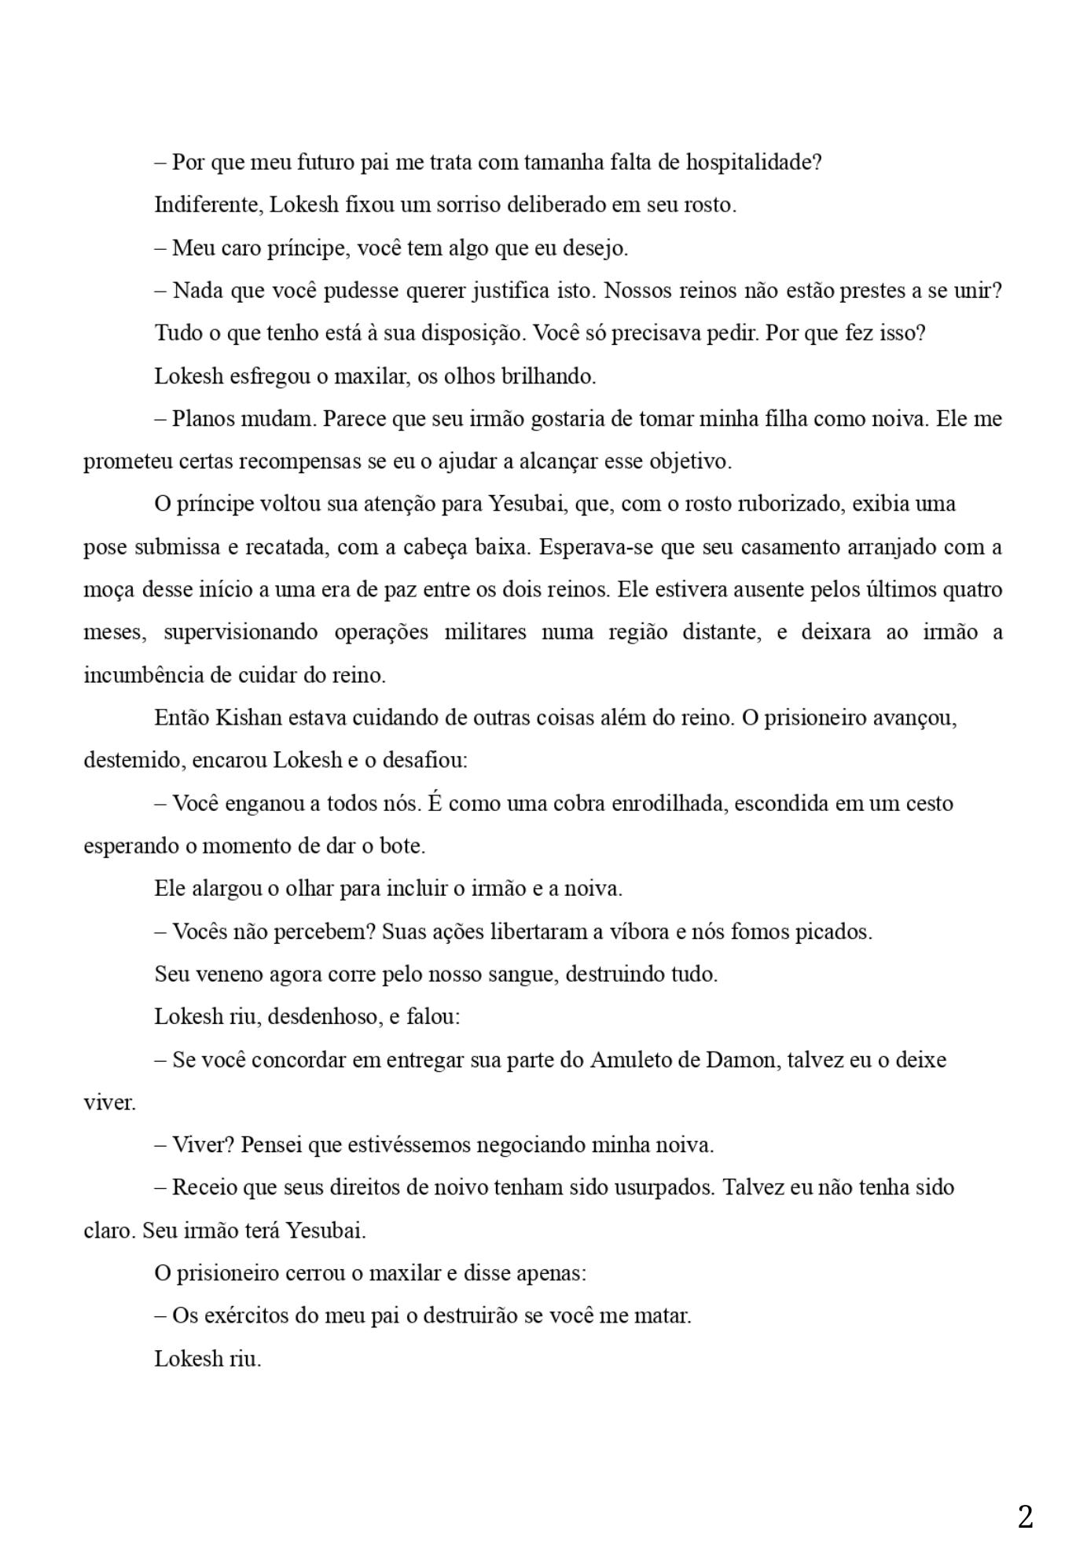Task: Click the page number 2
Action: (1025, 1517)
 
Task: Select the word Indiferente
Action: (208, 205)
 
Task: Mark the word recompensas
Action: (299, 461)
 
